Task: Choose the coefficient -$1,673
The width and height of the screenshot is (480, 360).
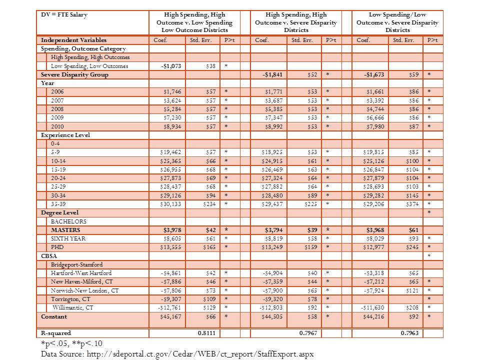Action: [x=375, y=74]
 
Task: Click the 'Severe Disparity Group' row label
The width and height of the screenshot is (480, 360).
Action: [x=74, y=74]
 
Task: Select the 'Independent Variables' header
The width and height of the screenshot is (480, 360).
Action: [x=73, y=40]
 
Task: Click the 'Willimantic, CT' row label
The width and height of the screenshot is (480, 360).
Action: [x=73, y=307]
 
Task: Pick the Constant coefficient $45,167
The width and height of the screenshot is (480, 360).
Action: [x=170, y=316]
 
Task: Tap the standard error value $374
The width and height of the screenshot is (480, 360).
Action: [x=411, y=204]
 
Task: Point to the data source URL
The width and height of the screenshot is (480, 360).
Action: [x=177, y=353]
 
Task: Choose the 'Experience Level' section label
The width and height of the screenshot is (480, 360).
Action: [x=65, y=135]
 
